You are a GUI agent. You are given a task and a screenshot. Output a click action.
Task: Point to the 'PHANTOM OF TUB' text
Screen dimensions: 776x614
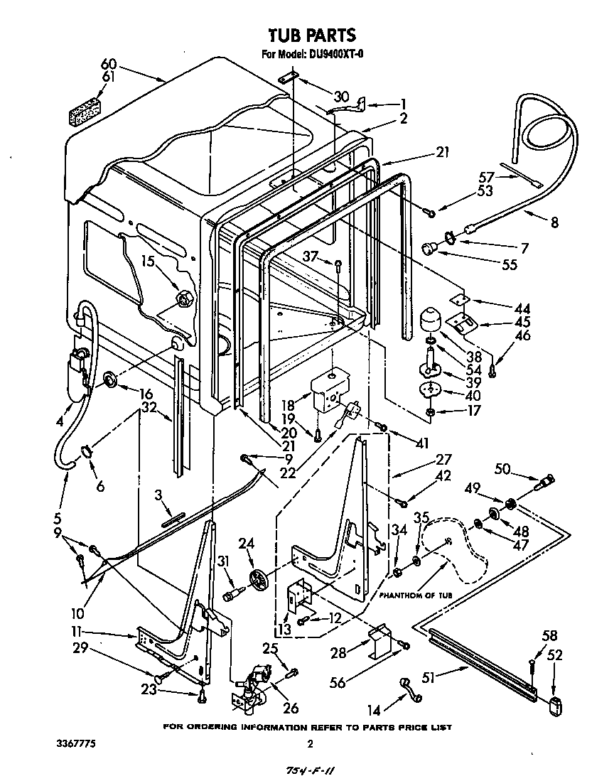(415, 595)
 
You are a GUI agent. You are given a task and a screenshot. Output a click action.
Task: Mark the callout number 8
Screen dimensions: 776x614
(554, 223)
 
